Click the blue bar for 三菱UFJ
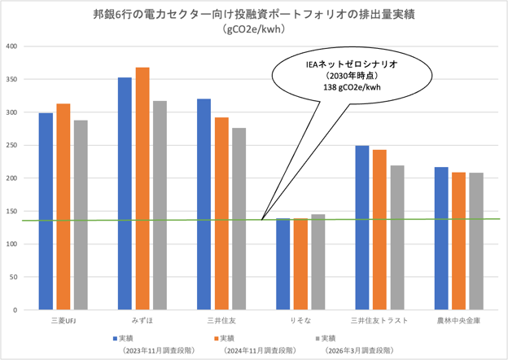46,212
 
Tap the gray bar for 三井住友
239,219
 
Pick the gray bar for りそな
317,262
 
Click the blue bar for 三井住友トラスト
361,228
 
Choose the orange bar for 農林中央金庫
458,241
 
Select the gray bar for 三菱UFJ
81,215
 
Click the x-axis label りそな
300,320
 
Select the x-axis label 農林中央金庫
458,320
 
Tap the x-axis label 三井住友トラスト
379,320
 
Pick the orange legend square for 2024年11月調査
216,338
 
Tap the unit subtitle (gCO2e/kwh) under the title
254,30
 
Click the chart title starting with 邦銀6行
254,14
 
